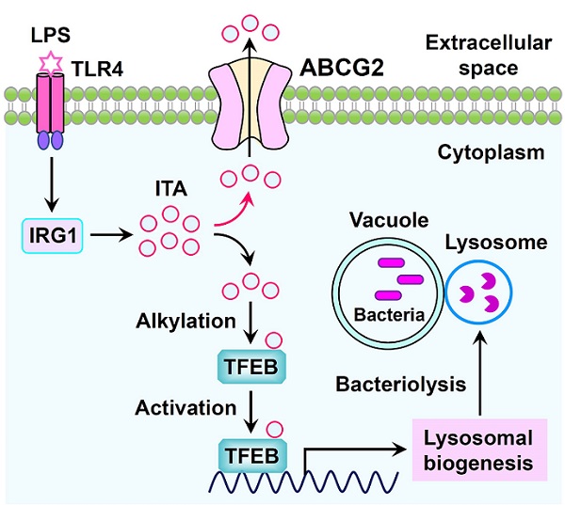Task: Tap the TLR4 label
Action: point(91,67)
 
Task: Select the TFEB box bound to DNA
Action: point(248,455)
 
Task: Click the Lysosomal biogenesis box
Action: point(477,450)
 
